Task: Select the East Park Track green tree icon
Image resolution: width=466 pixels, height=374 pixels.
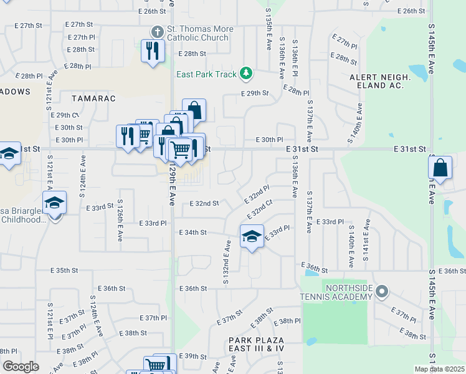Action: pyautogui.click(x=247, y=74)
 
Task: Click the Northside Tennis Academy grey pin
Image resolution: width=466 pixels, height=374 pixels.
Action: pyautogui.click(x=383, y=290)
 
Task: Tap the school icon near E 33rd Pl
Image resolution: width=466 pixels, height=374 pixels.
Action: pyautogui.click(x=252, y=237)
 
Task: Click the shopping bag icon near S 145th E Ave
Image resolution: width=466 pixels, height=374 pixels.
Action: pyautogui.click(x=440, y=168)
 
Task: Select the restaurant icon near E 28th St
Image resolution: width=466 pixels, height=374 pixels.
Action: pyautogui.click(x=152, y=50)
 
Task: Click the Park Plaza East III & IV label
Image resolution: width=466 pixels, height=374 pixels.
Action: pyautogui.click(x=255, y=343)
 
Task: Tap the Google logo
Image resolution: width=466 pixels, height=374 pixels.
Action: pyautogui.click(x=21, y=367)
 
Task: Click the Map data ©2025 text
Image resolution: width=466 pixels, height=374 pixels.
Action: pyautogui.click(x=439, y=369)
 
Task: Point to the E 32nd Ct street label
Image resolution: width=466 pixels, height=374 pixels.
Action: pyautogui.click(x=260, y=210)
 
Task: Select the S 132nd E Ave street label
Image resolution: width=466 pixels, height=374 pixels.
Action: pyautogui.click(x=227, y=262)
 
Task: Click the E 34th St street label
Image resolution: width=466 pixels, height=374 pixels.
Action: pyautogui.click(x=193, y=233)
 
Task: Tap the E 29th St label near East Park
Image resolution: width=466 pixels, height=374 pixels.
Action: pyautogui.click(x=255, y=93)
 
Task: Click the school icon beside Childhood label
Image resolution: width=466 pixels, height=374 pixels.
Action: pyautogui.click(x=54, y=203)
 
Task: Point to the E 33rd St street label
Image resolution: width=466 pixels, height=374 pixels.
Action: pyautogui.click(x=100, y=205)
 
